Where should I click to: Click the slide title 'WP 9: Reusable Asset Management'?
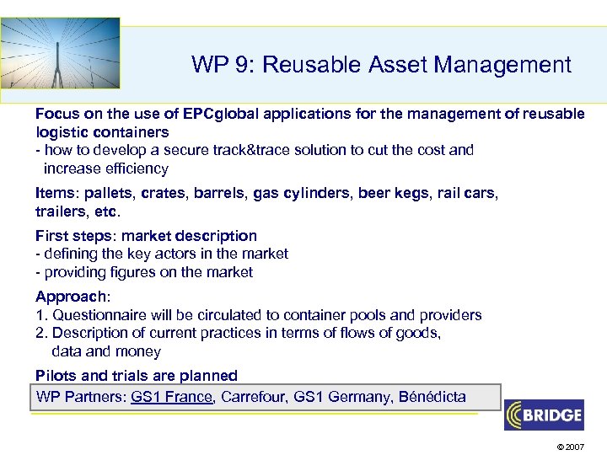coord(381,64)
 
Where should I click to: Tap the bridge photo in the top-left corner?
coord(60,53)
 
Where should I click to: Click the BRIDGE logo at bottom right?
coord(544,415)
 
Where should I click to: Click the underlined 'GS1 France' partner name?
coord(172,397)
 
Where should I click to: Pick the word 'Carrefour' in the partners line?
coord(253,397)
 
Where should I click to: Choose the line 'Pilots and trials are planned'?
coord(137,375)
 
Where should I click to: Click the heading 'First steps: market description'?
coord(146,236)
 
